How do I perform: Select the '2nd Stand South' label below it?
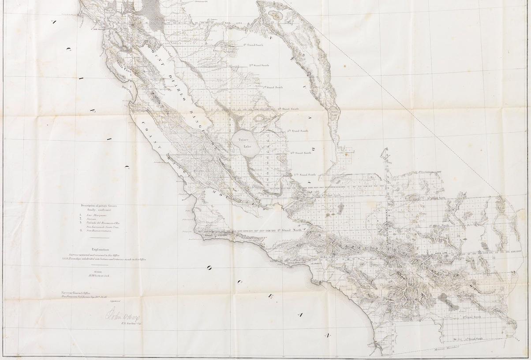[x=259, y=66]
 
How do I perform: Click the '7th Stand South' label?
[x=305, y=174]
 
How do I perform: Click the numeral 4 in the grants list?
[x=81, y=230]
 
